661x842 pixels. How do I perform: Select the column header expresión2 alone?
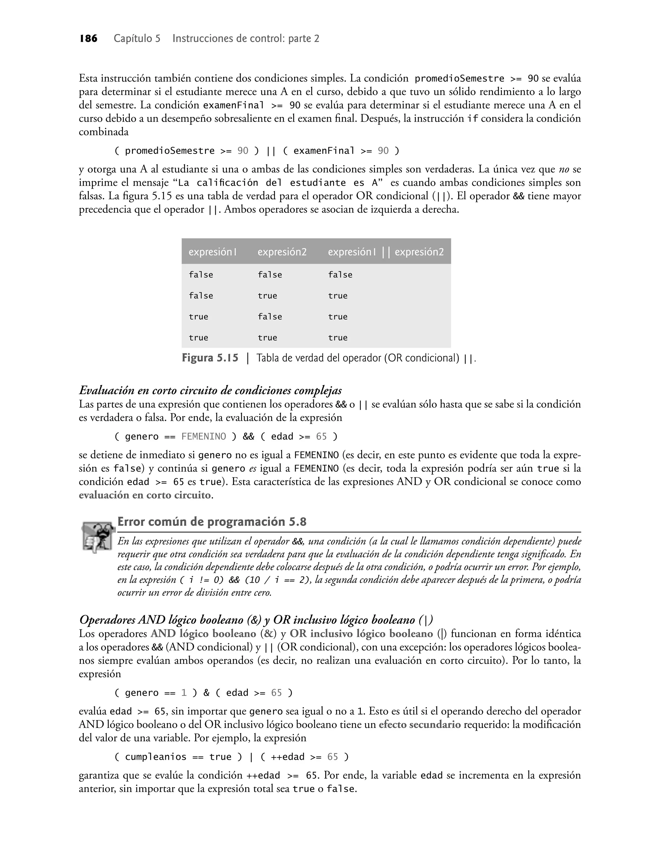point(282,252)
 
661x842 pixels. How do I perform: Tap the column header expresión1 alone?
point(212,252)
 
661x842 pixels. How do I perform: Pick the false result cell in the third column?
point(340,275)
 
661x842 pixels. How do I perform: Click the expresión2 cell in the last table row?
point(268,338)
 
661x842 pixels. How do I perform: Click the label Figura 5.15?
point(210,358)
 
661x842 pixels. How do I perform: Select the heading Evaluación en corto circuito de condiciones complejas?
point(210,391)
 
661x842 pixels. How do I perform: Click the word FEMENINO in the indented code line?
point(204,437)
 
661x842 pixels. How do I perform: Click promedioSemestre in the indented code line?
point(169,151)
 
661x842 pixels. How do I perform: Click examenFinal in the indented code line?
point(324,151)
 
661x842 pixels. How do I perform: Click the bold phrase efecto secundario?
point(420,725)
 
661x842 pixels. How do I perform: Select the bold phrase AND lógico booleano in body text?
point(203,634)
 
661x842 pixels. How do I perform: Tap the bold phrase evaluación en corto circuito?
point(145,495)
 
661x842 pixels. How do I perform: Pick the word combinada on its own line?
point(103,132)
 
